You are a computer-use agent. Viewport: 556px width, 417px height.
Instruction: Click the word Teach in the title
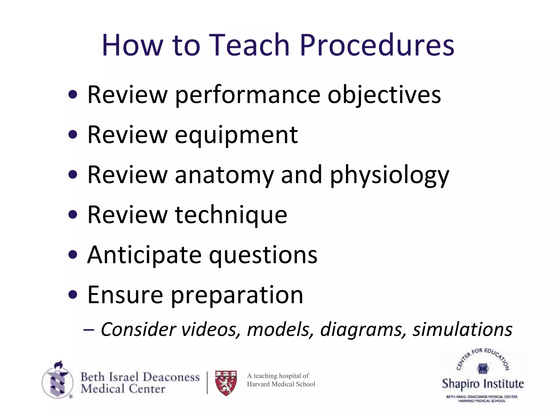click(249, 45)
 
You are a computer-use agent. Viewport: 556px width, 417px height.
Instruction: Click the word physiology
click(389, 176)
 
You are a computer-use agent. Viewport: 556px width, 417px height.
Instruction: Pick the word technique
click(231, 215)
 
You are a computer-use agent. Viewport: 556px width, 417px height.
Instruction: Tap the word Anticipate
click(144, 255)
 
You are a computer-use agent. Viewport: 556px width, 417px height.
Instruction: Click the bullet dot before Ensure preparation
click(73, 294)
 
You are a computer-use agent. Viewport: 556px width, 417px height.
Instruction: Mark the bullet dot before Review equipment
click(73, 134)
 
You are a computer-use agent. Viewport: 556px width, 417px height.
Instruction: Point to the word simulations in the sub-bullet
click(462, 330)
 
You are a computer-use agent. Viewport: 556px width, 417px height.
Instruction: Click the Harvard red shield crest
click(226, 383)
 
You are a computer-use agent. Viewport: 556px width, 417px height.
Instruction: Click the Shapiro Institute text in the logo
click(483, 384)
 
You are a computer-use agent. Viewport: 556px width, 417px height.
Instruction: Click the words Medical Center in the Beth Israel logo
click(123, 389)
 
